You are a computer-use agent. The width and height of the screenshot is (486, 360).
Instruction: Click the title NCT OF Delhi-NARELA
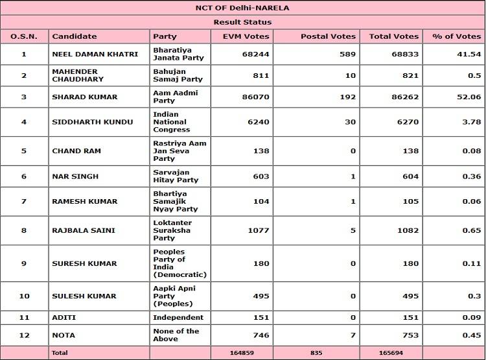242,8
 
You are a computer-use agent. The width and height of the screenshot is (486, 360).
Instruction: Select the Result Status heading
242,22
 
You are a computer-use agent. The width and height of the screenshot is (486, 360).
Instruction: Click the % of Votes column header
457,36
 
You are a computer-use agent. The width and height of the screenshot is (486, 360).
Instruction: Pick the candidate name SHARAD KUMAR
85,97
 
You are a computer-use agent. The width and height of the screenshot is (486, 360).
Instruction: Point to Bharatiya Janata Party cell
178,54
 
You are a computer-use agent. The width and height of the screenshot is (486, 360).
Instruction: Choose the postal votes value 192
347,97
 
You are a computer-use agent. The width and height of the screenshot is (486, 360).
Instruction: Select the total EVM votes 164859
243,353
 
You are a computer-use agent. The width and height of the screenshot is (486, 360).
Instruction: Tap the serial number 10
24,296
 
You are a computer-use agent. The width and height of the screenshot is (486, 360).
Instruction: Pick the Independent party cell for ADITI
178,317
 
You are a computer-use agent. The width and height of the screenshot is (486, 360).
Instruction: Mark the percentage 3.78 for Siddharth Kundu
471,122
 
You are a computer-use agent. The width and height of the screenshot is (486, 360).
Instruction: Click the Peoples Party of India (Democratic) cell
179,263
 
